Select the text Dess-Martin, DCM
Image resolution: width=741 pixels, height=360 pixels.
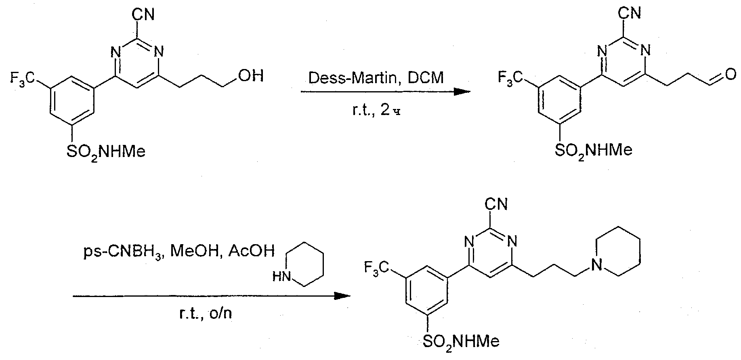pos(376,77)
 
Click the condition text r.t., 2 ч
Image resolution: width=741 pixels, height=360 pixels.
pos(375,109)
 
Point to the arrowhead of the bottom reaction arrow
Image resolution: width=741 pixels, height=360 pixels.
pos(343,296)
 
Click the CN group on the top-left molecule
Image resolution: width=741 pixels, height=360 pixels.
pos(144,15)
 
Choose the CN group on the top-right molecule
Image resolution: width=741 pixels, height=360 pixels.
pos(630,13)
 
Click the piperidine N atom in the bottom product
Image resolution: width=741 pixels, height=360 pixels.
pos(596,265)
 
